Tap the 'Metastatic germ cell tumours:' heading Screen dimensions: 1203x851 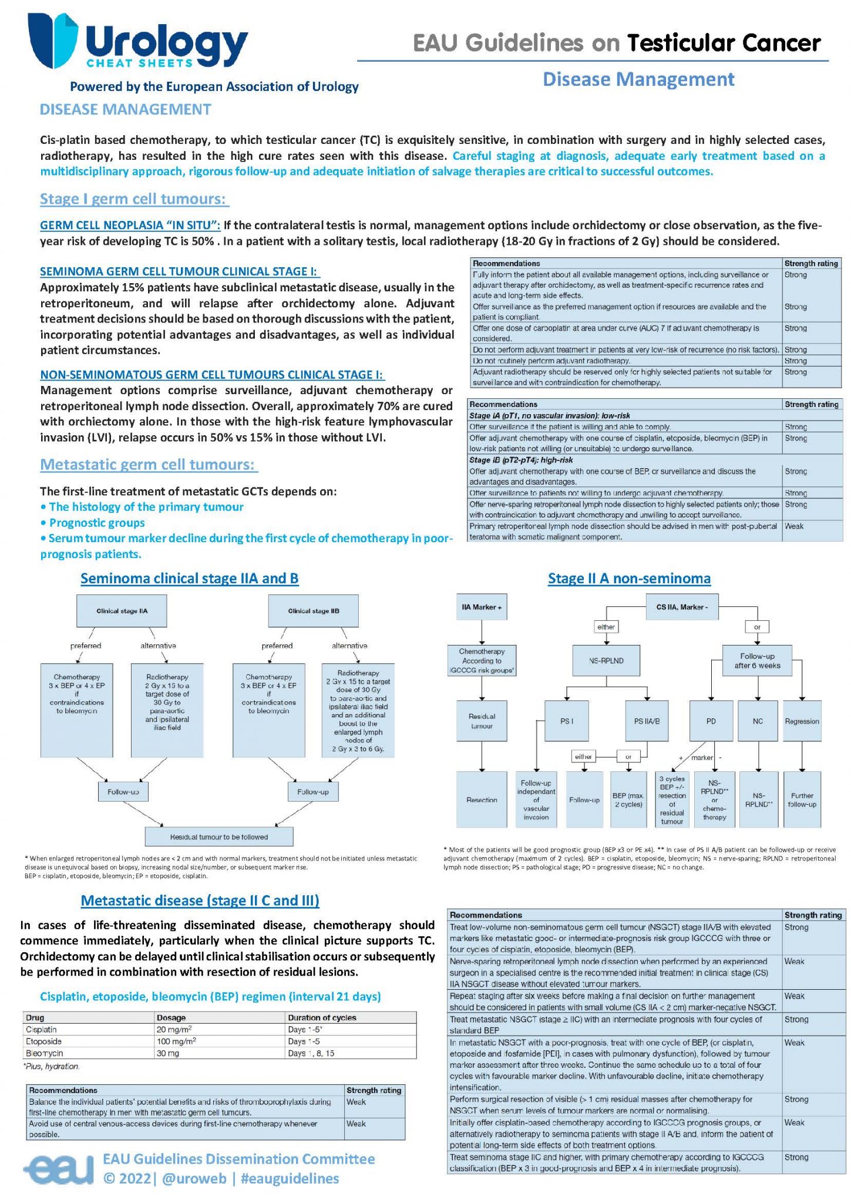(x=148, y=465)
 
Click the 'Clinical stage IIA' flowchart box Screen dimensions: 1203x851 (x=122, y=611)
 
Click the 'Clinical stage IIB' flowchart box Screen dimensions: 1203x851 (x=313, y=611)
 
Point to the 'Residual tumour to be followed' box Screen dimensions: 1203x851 (x=218, y=836)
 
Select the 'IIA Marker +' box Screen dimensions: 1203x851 (x=482, y=607)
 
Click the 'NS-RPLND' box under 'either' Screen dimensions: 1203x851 (x=606, y=661)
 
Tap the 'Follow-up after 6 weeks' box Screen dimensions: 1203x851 (x=757, y=661)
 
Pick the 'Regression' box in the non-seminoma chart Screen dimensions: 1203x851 (x=802, y=721)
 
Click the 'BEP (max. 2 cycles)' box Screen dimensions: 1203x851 (x=628, y=799)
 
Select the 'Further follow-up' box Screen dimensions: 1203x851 (x=802, y=799)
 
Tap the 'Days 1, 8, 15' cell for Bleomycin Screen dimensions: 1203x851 (x=311, y=1053)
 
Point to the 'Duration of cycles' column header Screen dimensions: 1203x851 (x=322, y=1017)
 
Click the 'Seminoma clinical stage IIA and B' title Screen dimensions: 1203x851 (x=189, y=579)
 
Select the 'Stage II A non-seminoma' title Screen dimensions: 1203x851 (x=629, y=579)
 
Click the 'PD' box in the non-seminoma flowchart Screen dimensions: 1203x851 (x=711, y=721)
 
